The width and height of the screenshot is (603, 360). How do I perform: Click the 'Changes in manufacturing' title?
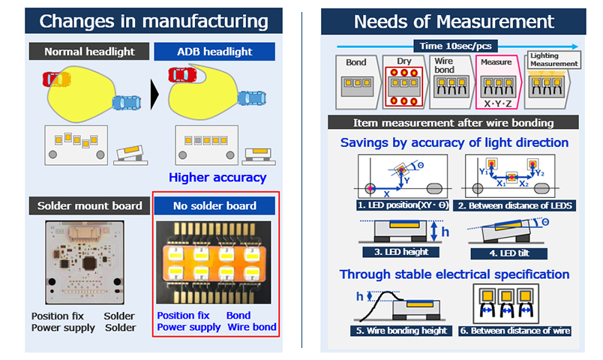pyautogui.click(x=154, y=21)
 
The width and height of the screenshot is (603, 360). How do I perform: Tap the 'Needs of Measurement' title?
pyautogui.click(x=454, y=21)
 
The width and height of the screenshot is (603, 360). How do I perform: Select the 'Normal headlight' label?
pyautogui.click(x=89, y=52)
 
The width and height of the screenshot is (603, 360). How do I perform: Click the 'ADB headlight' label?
pyautogui.click(x=214, y=52)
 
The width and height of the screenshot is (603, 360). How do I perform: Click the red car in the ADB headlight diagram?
pyautogui.click(x=182, y=74)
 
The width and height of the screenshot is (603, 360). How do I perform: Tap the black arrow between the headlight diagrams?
pyautogui.click(x=155, y=93)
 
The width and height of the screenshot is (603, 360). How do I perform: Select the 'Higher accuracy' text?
pyautogui.click(x=217, y=178)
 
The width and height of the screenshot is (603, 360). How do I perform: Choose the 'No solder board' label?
pyautogui.click(x=214, y=205)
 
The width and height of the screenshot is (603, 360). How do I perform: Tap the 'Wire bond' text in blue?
pyautogui.click(x=252, y=327)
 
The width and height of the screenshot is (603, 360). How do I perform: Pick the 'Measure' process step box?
pyautogui.click(x=496, y=81)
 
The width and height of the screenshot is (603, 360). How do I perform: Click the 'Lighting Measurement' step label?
pyautogui.click(x=553, y=60)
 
